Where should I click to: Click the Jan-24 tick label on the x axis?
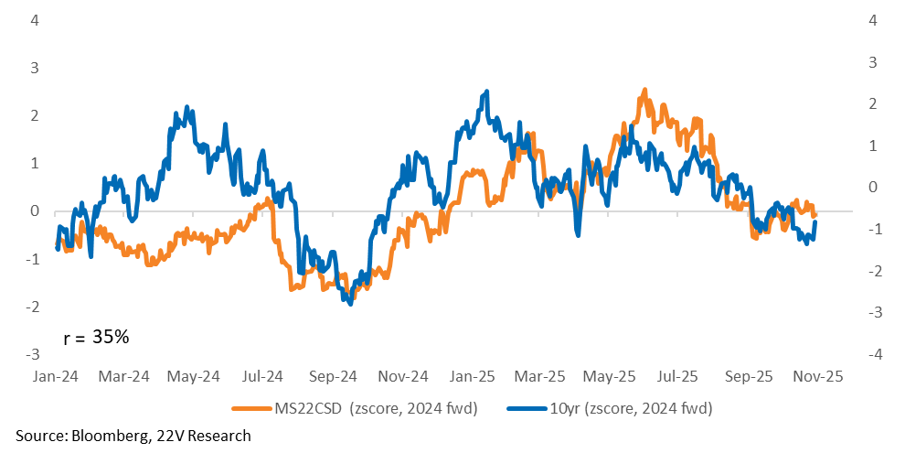click(55, 376)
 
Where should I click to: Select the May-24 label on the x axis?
click(195, 376)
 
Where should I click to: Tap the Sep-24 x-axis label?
click(334, 376)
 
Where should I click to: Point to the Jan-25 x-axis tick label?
click(474, 376)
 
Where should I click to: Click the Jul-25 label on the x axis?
click(679, 376)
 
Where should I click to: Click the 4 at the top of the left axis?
click(35, 20)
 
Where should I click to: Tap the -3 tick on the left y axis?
click(32, 354)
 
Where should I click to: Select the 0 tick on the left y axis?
click(35, 211)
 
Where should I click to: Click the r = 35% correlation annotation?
click(96, 337)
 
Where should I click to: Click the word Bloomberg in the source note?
click(102, 436)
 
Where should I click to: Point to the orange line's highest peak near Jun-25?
click(644, 90)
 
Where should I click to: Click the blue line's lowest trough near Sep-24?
click(350, 304)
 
